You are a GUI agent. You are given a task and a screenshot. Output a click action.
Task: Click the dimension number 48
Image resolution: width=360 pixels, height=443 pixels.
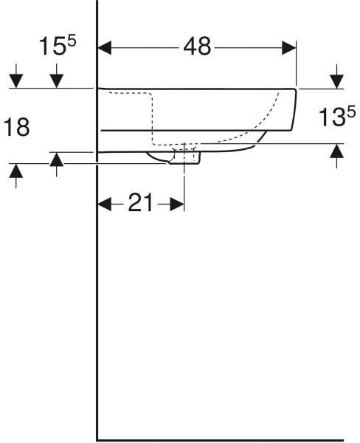pyautogui.click(x=197, y=47)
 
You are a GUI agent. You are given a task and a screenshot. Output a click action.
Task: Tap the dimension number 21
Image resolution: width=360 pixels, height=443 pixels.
pyautogui.click(x=140, y=202)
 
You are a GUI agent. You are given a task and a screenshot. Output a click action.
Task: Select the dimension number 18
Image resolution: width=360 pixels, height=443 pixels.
pyautogui.click(x=16, y=127)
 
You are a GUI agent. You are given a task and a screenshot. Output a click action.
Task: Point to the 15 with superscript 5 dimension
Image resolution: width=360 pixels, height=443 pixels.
pyautogui.click(x=58, y=46)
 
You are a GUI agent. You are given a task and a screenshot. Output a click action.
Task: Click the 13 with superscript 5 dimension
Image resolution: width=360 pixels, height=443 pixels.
pyautogui.click(x=336, y=117)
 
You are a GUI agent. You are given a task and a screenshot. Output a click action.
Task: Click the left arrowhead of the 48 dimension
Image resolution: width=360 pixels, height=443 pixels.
pyautogui.click(x=105, y=48)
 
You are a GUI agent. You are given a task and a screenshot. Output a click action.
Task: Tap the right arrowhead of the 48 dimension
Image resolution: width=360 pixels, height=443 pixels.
pyautogui.click(x=289, y=48)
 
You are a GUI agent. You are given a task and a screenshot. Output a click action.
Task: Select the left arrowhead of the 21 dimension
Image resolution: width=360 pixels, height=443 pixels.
pyautogui.click(x=105, y=204)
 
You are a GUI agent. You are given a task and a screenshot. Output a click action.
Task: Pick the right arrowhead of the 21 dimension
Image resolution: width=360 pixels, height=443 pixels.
pyautogui.click(x=177, y=204)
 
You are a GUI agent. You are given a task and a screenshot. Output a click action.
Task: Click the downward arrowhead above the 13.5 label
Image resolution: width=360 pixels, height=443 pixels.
pyautogui.click(x=336, y=81)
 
